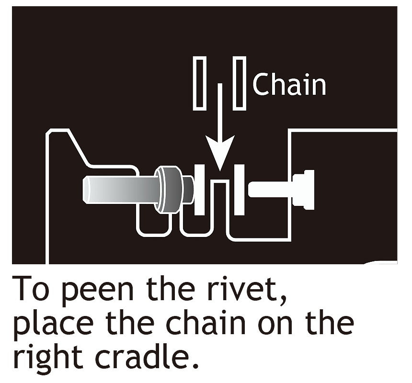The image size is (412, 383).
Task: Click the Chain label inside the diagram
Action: [289, 84]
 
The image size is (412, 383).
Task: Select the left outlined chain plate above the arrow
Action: [199, 83]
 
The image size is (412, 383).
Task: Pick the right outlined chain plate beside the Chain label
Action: [240, 83]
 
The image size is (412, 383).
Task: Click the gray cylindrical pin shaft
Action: [120, 189]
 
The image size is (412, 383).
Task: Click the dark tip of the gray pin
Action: [188, 189]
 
